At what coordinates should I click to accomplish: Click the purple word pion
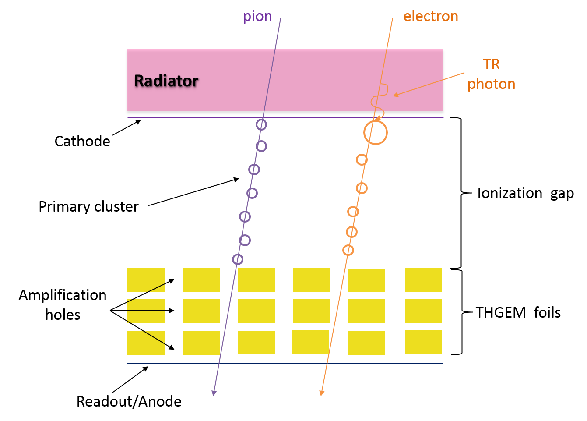257,17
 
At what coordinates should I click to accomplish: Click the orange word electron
431,17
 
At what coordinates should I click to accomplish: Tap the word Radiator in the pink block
166,81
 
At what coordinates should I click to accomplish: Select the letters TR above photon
491,64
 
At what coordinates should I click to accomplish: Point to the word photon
491,84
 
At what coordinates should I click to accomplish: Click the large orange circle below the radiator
376,132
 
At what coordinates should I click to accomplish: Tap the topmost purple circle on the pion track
261,125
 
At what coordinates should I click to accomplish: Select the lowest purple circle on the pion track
238,259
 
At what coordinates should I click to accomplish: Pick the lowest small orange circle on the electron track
348,250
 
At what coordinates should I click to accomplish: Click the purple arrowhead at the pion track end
214,393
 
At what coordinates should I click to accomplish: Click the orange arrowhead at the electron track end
321,393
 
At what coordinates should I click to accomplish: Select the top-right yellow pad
423,279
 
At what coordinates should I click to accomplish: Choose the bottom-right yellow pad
423,342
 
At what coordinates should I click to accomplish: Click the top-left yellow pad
146,279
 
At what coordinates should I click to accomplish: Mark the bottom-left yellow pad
146,343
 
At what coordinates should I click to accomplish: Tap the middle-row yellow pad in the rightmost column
423,311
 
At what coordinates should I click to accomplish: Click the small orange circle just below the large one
362,159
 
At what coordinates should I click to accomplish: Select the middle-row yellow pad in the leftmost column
146,311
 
